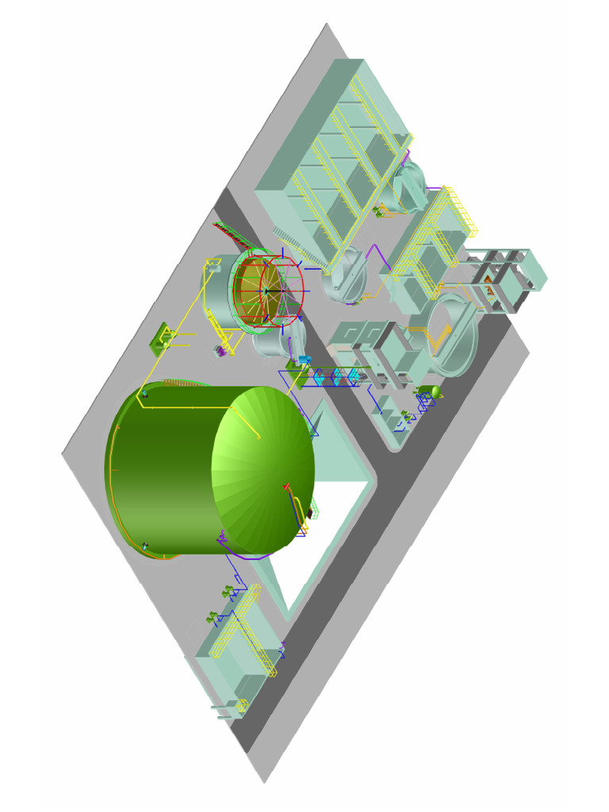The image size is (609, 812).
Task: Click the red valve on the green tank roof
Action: point(286,486)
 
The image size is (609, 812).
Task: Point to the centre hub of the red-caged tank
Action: point(267,291)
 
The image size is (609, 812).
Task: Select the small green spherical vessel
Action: point(434,391)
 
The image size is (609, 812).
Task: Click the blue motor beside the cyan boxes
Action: point(303,360)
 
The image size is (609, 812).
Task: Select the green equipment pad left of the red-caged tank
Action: point(163,340)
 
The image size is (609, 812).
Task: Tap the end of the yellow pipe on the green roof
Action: point(258,436)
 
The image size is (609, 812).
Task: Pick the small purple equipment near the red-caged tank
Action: point(219,350)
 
